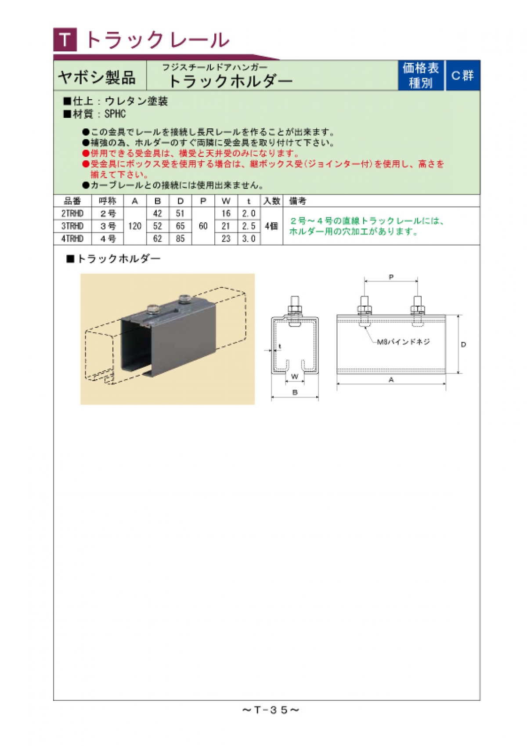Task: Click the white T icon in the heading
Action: coord(65,40)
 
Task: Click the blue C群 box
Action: coord(462,76)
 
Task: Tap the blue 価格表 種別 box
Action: coord(421,76)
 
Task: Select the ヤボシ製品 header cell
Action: coord(97,78)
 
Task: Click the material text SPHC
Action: coord(115,114)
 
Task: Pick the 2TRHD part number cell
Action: coord(72,214)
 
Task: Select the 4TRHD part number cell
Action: coord(72,239)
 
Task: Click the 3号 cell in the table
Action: coord(108,226)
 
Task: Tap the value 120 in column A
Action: coord(135,226)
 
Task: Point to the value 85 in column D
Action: coord(180,239)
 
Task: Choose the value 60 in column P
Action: coord(203,226)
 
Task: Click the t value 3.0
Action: coord(249,239)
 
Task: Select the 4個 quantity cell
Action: coord(271,226)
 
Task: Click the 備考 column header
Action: coord(298,201)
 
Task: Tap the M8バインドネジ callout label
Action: coord(403,342)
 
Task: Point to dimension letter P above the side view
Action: coord(391,277)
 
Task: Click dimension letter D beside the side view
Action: coord(463,345)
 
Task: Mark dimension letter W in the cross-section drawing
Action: coord(295,377)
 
